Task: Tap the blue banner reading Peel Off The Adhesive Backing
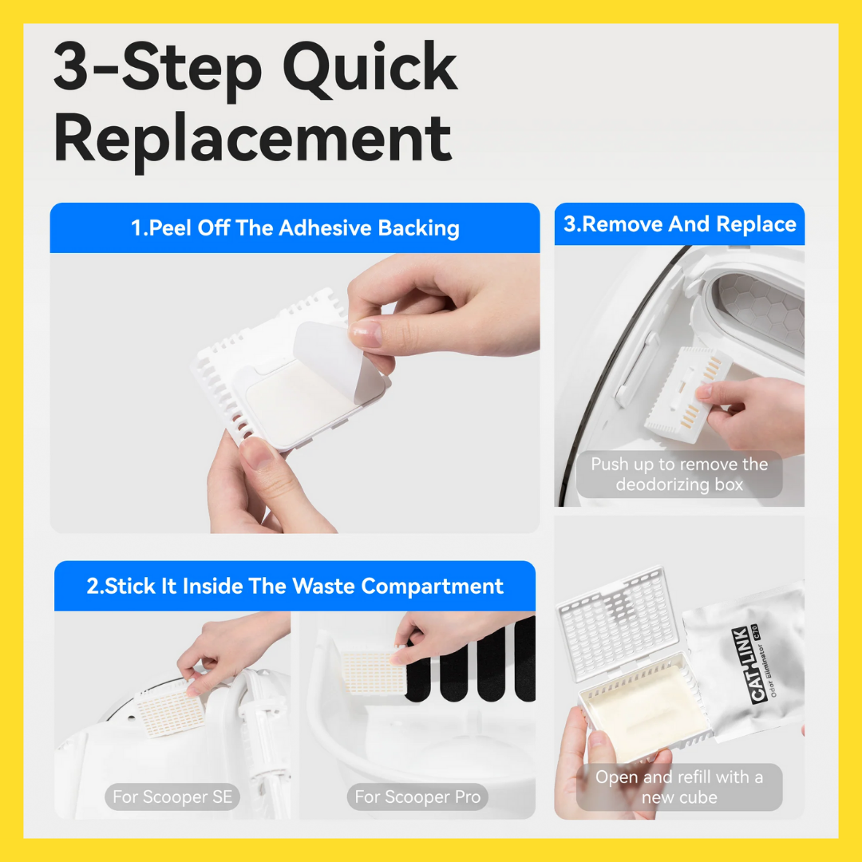point(295,227)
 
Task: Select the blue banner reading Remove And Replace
point(679,224)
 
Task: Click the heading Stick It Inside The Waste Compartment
point(295,586)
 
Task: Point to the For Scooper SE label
point(172,797)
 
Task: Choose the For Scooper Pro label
point(417,797)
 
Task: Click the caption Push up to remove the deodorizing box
point(679,474)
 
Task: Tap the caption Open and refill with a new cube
point(679,787)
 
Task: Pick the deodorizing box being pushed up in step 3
point(688,393)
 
